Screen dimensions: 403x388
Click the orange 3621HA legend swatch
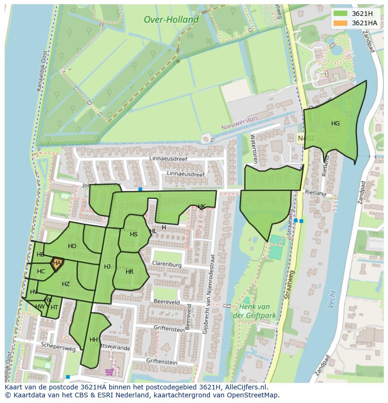[x=341, y=23]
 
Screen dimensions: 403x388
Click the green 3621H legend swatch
[x=341, y=14]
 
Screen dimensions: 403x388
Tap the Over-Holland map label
[x=171, y=20]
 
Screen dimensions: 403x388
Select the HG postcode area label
[x=336, y=124]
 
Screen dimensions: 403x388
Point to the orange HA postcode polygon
[x=57, y=264]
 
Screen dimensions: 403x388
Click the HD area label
[x=72, y=246]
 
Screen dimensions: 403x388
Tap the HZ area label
[x=66, y=284]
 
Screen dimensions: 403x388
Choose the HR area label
[x=129, y=272]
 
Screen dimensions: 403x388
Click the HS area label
[x=134, y=234]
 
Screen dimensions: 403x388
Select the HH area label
[x=93, y=340]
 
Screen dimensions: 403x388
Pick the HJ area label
[x=107, y=267]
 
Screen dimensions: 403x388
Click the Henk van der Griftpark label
[x=254, y=311]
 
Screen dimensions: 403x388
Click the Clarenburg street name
[x=166, y=265]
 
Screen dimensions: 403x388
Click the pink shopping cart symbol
[x=110, y=372]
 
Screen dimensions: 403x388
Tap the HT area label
[x=54, y=308]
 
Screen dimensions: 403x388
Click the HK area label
[x=201, y=206]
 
